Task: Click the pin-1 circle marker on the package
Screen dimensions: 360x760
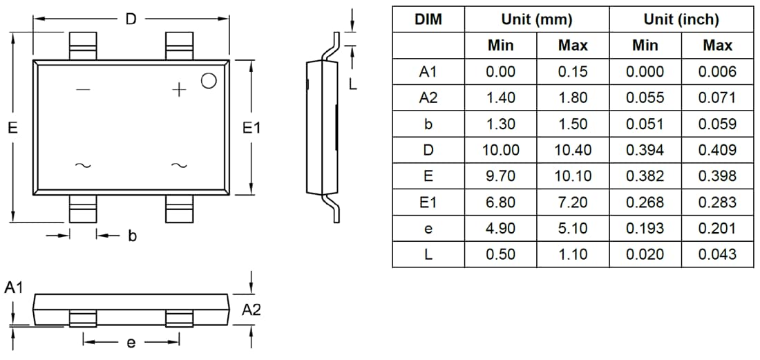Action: pos(208,81)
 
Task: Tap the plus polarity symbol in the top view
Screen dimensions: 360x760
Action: pos(179,89)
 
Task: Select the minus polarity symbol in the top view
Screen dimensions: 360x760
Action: pos(83,89)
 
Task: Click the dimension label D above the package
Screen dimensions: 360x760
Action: pos(131,19)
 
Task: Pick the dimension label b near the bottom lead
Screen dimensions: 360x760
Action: pos(132,236)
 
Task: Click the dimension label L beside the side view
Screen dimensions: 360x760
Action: pos(352,84)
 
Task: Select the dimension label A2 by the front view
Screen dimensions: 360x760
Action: pos(251,311)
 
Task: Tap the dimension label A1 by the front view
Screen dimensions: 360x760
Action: pos(14,287)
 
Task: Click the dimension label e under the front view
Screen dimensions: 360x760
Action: pos(131,342)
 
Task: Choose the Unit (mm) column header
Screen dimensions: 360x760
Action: pos(537,19)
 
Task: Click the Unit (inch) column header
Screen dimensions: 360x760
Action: pos(681,19)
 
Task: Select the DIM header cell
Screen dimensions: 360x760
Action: pos(428,19)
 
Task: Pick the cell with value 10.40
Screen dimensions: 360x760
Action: pos(573,150)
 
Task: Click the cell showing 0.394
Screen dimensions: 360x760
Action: pos(645,150)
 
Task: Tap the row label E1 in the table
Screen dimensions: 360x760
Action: pos(428,202)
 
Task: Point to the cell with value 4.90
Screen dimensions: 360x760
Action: pos(500,228)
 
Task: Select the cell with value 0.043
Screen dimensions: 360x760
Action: pos(717,254)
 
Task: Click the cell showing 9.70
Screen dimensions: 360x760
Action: pos(500,176)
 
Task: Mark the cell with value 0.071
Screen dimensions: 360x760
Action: pos(717,97)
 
